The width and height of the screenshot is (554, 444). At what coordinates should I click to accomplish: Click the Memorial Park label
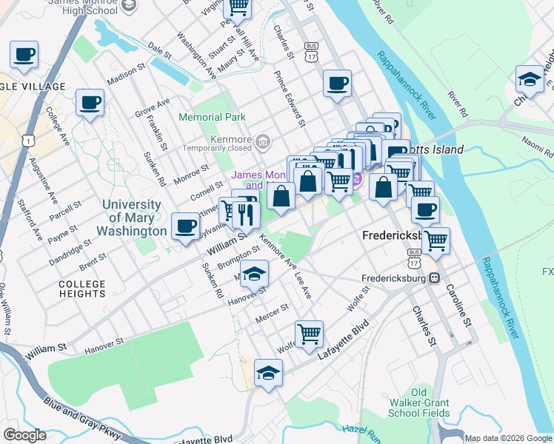click(x=211, y=117)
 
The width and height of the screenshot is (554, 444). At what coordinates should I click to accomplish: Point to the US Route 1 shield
click(x=28, y=139)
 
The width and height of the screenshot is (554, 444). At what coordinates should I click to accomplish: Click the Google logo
click(x=24, y=435)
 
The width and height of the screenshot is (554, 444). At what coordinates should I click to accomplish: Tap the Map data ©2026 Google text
click(x=508, y=438)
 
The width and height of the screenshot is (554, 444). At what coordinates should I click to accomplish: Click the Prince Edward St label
click(x=290, y=98)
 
